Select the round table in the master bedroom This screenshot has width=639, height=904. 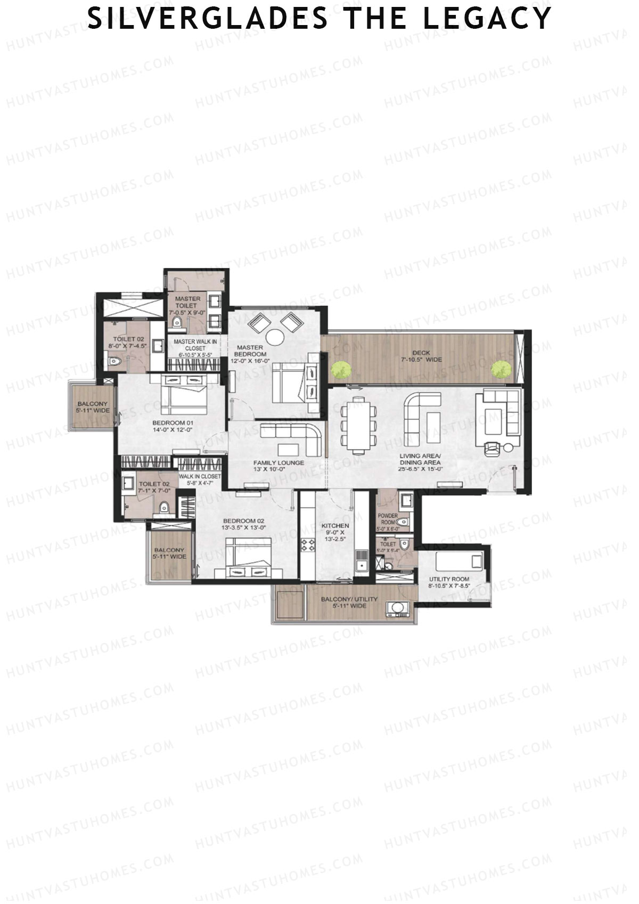click(275, 337)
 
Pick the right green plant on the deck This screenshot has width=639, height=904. click(500, 369)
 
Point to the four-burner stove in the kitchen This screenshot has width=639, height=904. click(308, 545)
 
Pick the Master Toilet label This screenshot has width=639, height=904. click(187, 302)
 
